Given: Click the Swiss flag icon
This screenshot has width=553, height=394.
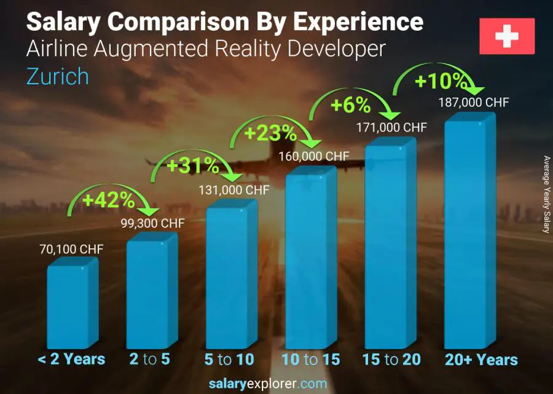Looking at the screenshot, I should (507, 36).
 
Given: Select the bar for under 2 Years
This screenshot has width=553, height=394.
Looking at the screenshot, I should (72, 304).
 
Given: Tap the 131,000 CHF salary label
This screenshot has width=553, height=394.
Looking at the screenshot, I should (233, 190).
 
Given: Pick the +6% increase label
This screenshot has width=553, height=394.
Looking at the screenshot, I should (350, 105).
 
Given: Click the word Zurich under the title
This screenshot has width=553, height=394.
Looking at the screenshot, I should (58, 76).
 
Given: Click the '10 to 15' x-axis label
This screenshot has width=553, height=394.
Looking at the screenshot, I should (310, 360).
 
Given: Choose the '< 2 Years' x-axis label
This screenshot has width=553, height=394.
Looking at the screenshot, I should (72, 360).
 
